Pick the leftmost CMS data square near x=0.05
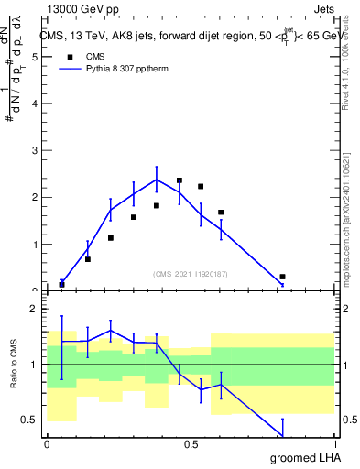(x=61, y=285)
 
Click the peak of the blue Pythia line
(x=157, y=180)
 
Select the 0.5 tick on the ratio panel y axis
(x=30, y=420)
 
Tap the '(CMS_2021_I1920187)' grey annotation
(x=191, y=273)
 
